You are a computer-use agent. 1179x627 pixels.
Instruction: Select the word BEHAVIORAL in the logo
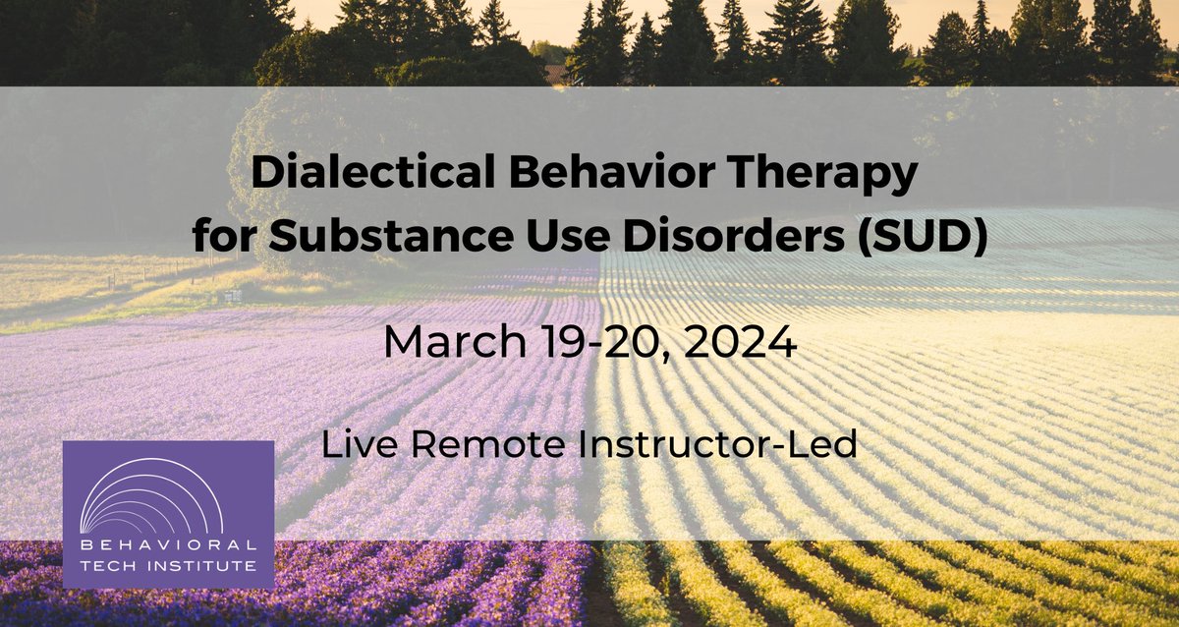coord(168,545)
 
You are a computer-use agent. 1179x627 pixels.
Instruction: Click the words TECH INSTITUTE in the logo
coord(168,565)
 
